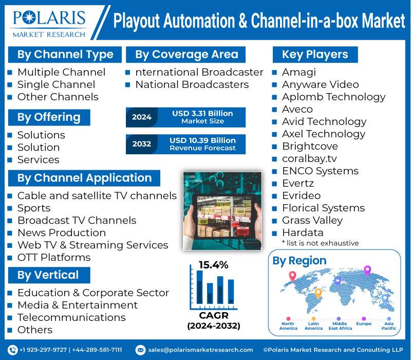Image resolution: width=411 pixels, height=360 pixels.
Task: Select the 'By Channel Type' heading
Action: click(65, 55)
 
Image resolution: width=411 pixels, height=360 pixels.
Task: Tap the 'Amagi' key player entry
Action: click(298, 72)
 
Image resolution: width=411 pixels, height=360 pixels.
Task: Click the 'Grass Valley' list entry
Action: click(312, 220)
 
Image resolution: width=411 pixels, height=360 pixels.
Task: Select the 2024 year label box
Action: click(141, 117)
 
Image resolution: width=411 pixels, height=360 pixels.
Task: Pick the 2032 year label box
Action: click(141, 144)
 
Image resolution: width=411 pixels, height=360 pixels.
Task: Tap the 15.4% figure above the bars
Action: click(214, 265)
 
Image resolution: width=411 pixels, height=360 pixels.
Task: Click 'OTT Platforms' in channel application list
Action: click(53, 257)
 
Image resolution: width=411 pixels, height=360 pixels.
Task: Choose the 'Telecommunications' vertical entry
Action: click(71, 317)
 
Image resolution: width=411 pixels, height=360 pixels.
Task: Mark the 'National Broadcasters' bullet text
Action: click(192, 84)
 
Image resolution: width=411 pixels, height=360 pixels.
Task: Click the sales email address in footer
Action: click(200, 350)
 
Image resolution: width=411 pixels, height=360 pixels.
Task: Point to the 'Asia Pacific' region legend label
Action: click(388, 326)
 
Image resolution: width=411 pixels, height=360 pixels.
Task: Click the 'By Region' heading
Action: click(299, 261)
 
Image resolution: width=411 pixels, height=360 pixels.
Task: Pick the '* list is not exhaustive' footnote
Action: click(320, 243)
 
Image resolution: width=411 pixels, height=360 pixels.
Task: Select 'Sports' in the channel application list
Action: click(34, 208)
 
